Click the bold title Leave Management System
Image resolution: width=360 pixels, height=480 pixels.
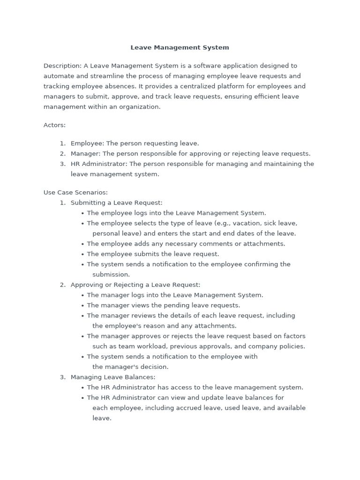click(x=180, y=47)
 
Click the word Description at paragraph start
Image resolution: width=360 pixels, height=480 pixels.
click(x=62, y=66)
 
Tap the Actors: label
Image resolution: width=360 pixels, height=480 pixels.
click(x=54, y=125)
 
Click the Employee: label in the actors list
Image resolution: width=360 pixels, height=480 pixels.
click(x=87, y=143)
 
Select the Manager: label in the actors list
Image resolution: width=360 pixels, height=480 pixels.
click(x=85, y=154)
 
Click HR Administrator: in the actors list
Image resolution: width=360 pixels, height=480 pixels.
click(x=99, y=164)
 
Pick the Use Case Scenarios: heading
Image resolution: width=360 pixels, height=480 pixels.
click(x=75, y=192)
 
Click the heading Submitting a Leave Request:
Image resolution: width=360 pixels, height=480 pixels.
click(x=116, y=202)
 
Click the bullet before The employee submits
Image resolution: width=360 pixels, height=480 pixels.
click(x=82, y=255)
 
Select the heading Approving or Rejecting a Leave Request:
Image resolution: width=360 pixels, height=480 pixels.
click(x=135, y=285)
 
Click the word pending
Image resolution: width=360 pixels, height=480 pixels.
click(x=162, y=305)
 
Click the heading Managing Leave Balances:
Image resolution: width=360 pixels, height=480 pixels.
click(x=112, y=377)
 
